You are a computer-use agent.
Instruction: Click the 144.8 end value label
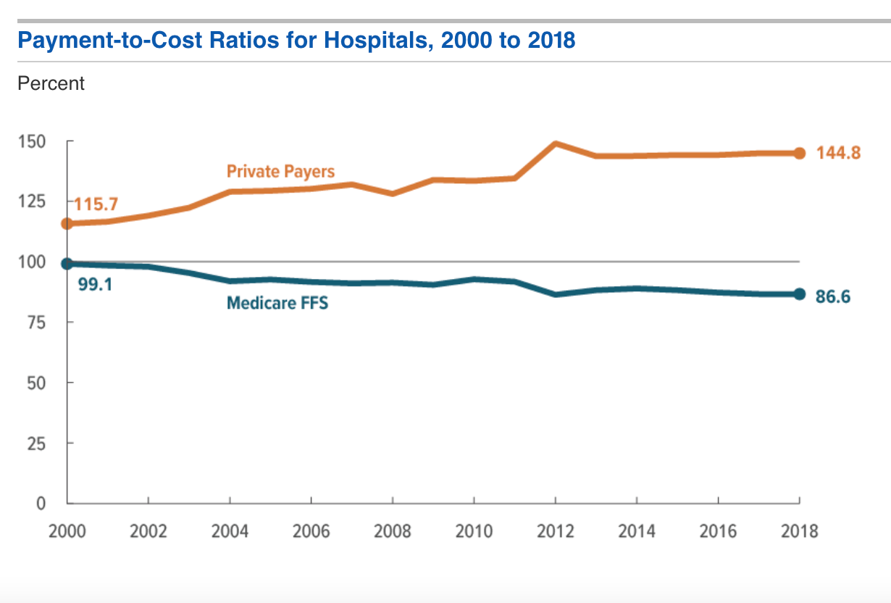tap(838, 153)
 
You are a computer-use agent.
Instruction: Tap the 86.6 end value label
tap(833, 296)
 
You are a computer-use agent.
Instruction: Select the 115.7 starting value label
tap(96, 205)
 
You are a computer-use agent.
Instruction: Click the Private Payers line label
tap(280, 172)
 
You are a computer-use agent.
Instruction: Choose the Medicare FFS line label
tap(277, 303)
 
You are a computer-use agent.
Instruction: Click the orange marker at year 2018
tap(799, 153)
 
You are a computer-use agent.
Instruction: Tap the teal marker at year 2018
tap(799, 294)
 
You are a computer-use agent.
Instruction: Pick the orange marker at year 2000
tap(67, 223)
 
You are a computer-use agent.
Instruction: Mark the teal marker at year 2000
tap(67, 264)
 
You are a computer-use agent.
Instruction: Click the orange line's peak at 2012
tap(555, 144)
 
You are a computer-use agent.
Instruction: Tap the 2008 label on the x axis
tap(392, 531)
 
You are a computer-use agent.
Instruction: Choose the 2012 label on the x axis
tap(555, 531)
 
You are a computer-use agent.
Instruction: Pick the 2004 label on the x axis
tap(230, 531)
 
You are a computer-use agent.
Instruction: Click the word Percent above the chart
tap(51, 83)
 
